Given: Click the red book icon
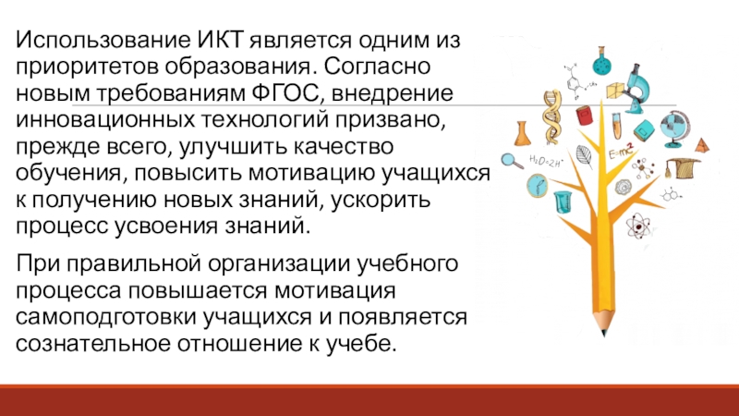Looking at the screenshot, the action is (584, 116).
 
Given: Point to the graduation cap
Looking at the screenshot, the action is (684, 167).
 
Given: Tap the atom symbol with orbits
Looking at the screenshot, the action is (637, 226).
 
